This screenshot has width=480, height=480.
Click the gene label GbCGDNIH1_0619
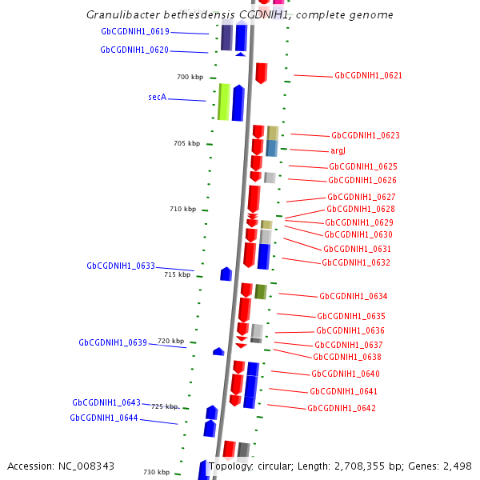click(135, 32)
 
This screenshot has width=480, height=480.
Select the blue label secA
click(157, 97)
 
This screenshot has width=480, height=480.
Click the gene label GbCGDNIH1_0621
click(368, 76)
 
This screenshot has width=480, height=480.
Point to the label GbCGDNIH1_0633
click(121, 266)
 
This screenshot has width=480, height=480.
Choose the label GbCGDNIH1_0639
click(113, 342)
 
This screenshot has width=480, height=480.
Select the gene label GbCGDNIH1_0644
click(104, 418)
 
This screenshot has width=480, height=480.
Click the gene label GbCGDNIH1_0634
click(353, 296)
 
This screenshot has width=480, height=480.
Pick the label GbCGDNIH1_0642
click(342, 408)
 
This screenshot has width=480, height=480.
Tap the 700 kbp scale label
click(190, 77)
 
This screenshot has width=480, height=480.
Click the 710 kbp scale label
click(182, 209)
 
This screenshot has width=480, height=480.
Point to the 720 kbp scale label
click(170, 341)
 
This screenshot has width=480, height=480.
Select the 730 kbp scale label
click(156, 472)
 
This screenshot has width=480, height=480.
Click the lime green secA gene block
click(225, 102)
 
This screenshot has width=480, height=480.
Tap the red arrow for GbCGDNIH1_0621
click(262, 73)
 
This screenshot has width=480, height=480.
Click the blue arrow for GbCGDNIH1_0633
click(226, 274)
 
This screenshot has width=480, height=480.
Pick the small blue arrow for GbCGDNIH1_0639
click(218, 351)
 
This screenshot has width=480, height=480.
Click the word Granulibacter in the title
click(123, 15)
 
